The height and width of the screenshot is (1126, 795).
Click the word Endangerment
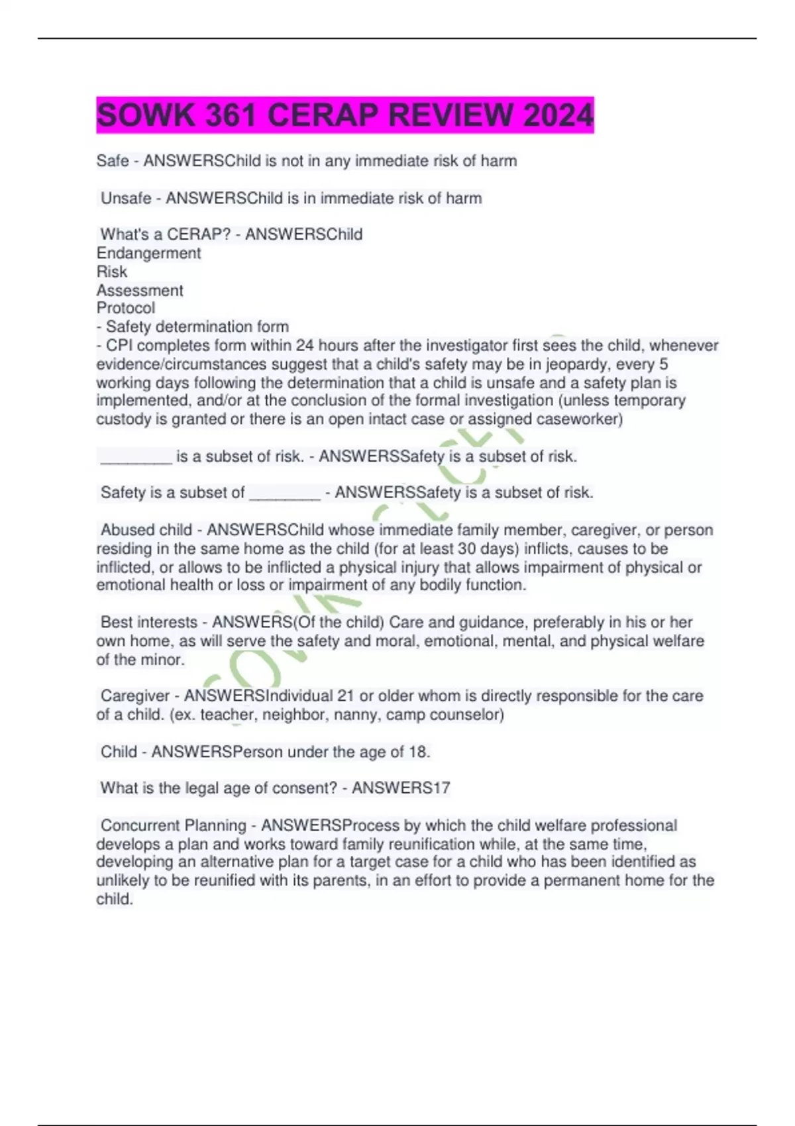(x=148, y=253)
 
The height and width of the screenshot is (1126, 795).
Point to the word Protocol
(x=126, y=308)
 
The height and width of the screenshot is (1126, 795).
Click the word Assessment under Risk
(x=140, y=290)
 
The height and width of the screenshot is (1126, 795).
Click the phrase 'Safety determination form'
(x=197, y=327)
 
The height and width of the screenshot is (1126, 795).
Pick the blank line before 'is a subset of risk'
(x=136, y=457)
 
